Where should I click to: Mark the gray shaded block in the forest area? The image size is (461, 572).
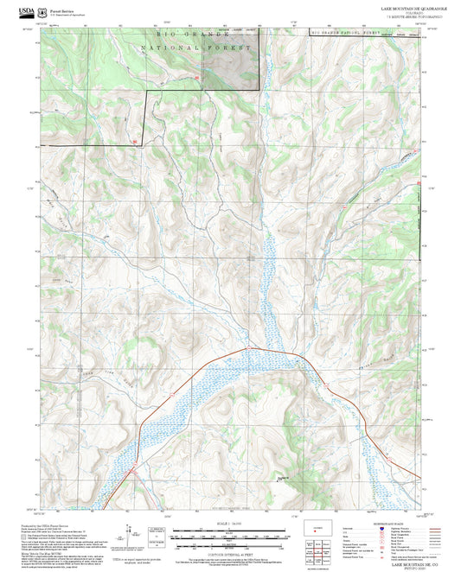(229, 60)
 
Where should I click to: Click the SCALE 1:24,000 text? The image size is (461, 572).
(230, 524)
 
